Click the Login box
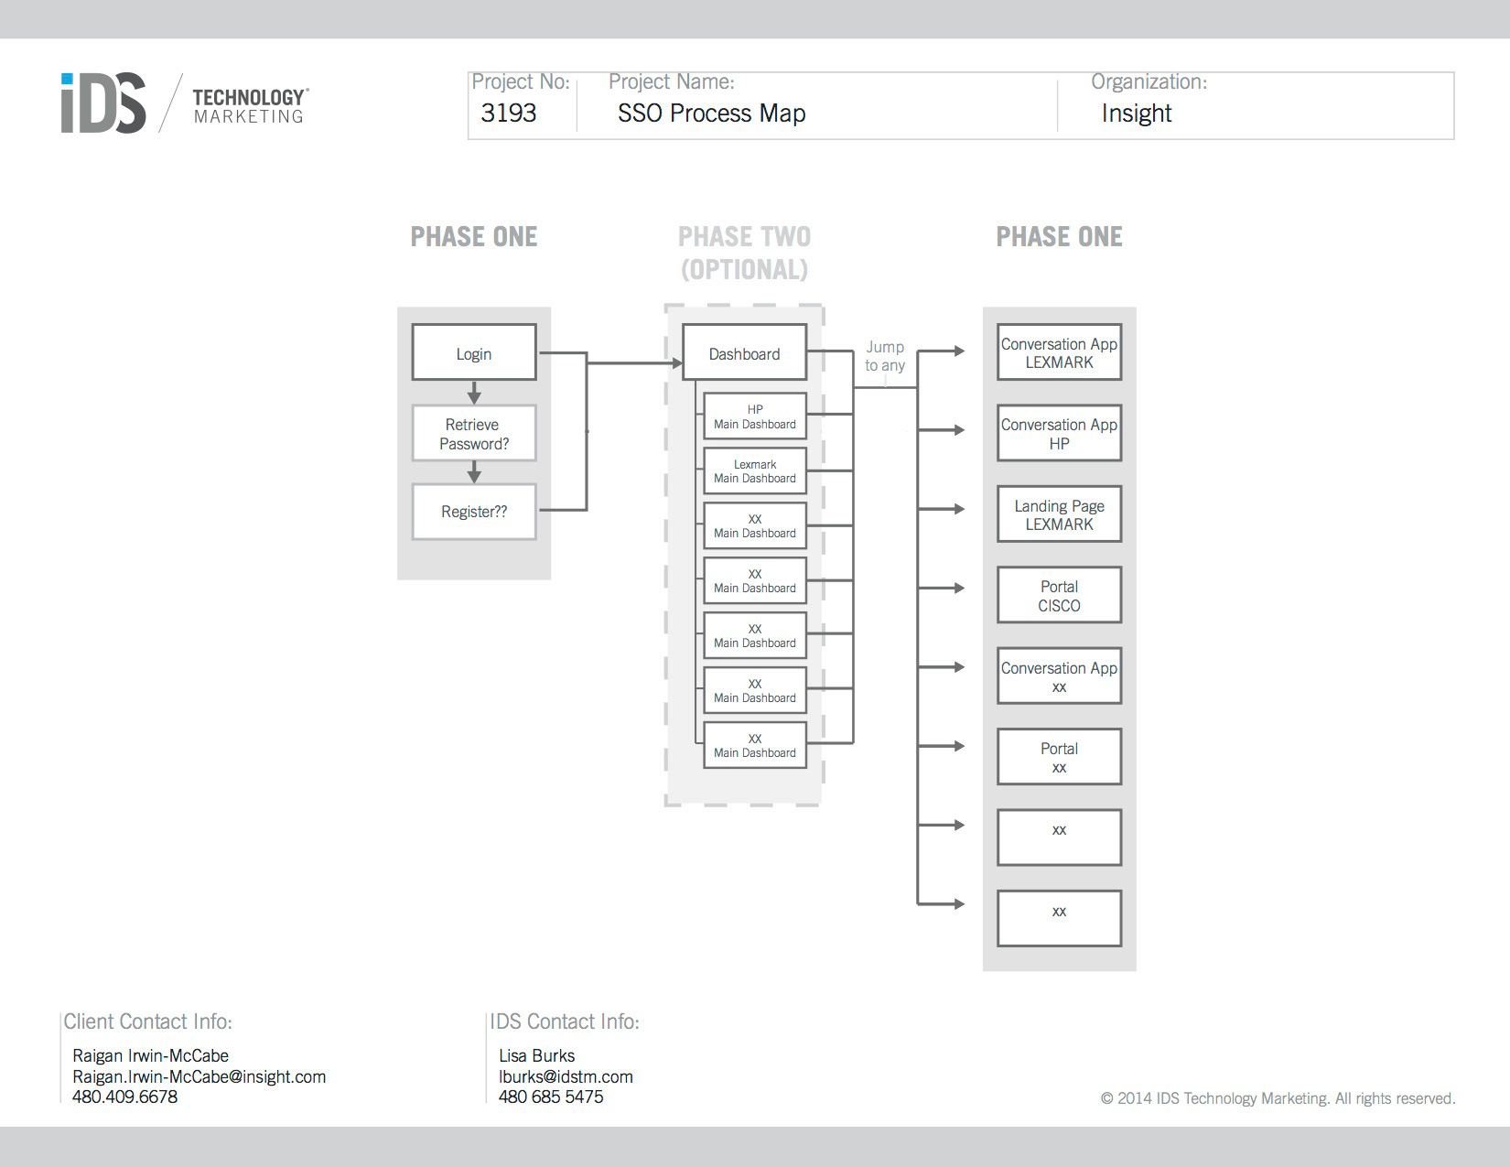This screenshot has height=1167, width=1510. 474,352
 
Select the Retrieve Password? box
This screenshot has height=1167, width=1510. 474,434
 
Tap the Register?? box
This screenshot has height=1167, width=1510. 474,512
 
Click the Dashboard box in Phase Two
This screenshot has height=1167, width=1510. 744,352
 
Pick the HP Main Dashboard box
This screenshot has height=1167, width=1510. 755,416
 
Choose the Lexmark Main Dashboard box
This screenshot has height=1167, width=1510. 755,471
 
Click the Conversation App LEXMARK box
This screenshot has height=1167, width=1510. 1059,352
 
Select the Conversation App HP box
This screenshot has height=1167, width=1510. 1059,434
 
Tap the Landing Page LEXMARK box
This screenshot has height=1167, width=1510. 1059,514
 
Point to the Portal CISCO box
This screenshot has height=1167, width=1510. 1059,596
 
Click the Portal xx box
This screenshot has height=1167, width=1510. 1059,757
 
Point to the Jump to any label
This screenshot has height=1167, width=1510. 885,356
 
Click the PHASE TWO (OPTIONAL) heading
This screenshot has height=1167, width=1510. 744,253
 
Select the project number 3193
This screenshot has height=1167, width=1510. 509,113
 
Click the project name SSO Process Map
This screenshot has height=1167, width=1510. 711,113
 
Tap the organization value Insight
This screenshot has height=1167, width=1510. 1136,113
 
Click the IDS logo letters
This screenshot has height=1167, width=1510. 103,103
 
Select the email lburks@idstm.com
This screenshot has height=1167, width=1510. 566,1076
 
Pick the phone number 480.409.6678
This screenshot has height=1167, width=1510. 124,1097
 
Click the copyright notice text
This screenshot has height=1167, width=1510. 1278,1098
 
